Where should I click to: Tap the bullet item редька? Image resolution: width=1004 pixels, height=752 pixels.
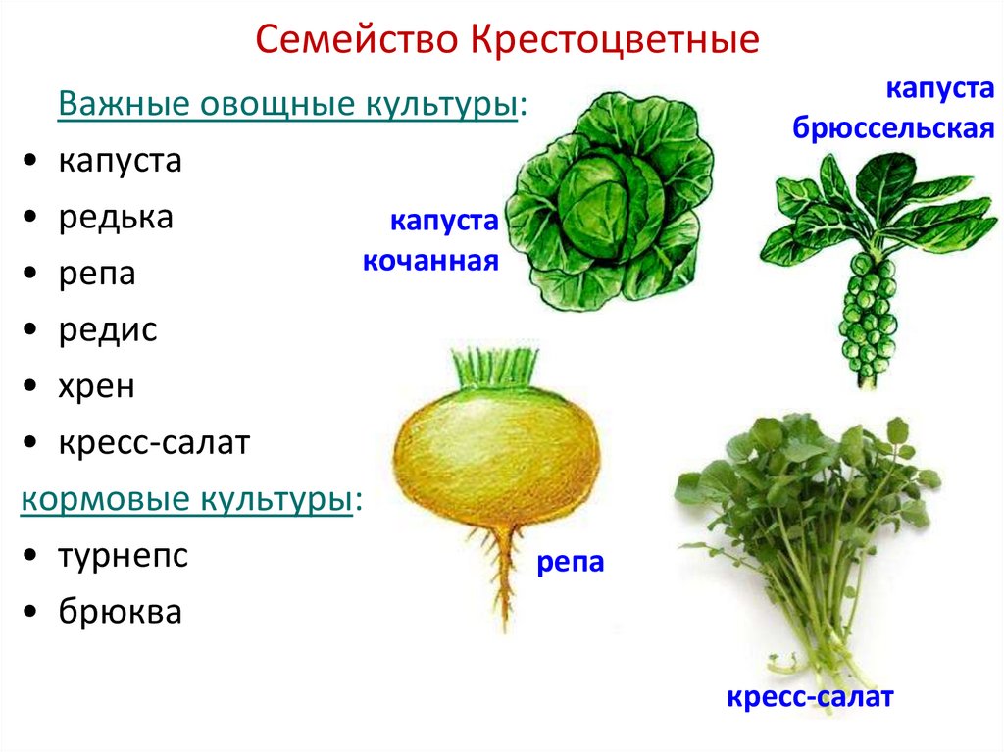click(x=115, y=217)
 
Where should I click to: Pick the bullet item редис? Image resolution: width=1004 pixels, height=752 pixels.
click(x=107, y=329)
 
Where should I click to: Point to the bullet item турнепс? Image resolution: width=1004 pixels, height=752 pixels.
click(x=122, y=556)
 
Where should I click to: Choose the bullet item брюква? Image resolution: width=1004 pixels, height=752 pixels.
click(x=120, y=612)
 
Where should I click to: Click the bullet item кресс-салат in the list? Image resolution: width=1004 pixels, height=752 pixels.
click(x=154, y=443)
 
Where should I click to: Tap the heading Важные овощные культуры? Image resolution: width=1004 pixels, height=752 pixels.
click(x=287, y=104)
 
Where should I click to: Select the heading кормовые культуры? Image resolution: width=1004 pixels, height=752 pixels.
click(x=186, y=499)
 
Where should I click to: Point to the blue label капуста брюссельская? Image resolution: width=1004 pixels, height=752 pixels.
click(x=894, y=108)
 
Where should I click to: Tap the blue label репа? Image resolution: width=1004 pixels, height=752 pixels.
click(x=569, y=563)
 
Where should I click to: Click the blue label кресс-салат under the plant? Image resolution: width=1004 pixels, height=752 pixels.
click(x=810, y=698)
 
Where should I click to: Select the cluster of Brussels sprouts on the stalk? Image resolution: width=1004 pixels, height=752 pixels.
click(x=869, y=313)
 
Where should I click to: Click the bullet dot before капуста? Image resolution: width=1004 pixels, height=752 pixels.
click(x=32, y=162)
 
